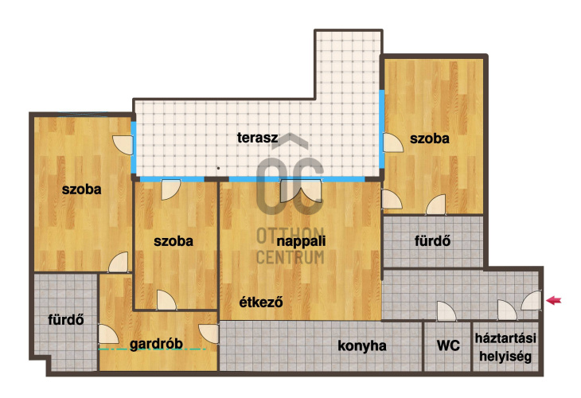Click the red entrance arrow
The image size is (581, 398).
point(554,300)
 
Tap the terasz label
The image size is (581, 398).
point(258,138)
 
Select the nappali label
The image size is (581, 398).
point(302,241)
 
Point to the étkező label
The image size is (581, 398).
point(261,302)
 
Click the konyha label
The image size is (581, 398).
point(362,345)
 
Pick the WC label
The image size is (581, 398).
point(448,345)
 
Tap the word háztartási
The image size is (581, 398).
point(505,338)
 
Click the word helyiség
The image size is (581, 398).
point(505,357)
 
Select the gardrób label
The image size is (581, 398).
point(156,344)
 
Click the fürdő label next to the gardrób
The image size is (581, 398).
point(66,319)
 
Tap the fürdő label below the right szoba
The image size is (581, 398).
point(432,241)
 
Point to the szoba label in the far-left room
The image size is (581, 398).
point(81,189)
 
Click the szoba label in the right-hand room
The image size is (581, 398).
point(430,139)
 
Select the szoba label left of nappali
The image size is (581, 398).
point(174,241)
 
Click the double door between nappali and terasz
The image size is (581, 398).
point(301,190)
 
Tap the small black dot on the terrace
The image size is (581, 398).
point(218,168)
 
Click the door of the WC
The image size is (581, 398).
point(446,311)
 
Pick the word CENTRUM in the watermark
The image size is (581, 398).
point(290,257)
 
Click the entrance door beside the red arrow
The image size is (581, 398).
point(532,300)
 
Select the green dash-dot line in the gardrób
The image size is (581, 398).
point(152,349)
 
